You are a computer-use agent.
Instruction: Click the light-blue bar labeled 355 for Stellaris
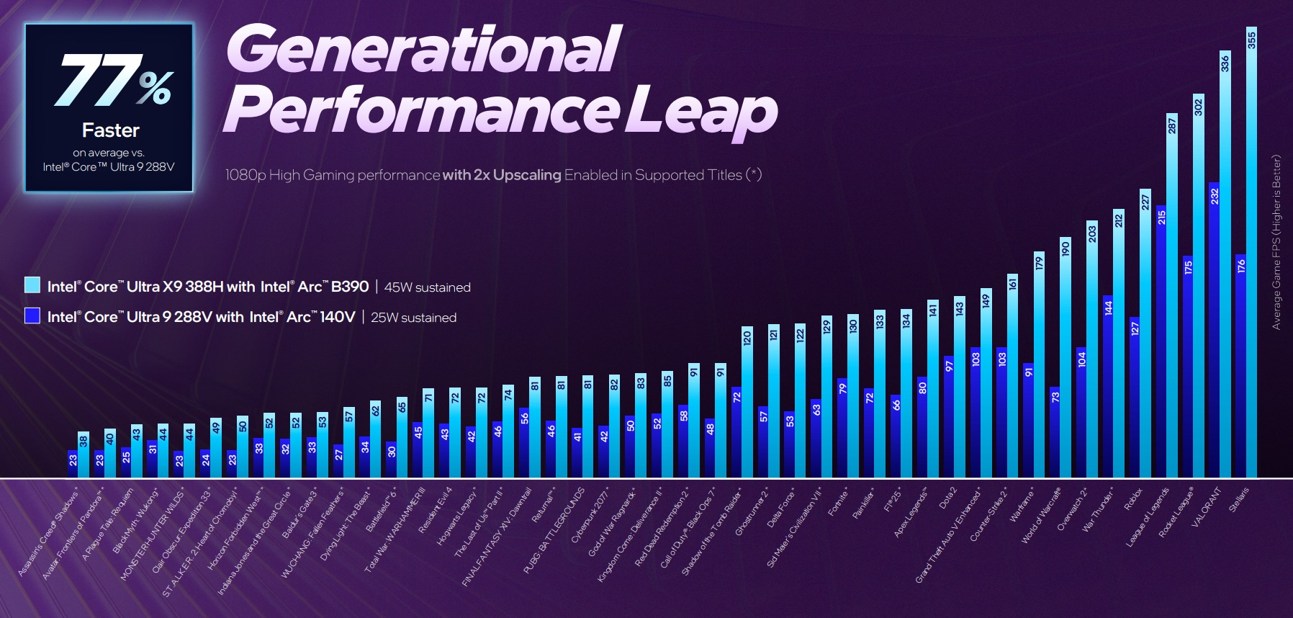click(1251, 252)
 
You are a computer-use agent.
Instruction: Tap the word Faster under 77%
click(110, 130)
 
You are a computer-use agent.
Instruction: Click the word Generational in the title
click(423, 49)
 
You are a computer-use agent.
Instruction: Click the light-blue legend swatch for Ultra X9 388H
click(32, 285)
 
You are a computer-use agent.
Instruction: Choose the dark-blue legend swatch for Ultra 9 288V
click(32, 315)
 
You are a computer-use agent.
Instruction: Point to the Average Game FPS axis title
click(1276, 242)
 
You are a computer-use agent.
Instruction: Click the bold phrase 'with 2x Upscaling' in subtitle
click(502, 175)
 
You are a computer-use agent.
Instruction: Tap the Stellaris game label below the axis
click(1238, 499)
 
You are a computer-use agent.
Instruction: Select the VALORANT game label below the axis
click(1206, 507)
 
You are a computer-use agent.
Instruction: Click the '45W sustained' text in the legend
click(427, 287)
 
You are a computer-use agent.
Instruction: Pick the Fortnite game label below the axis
click(839, 501)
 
